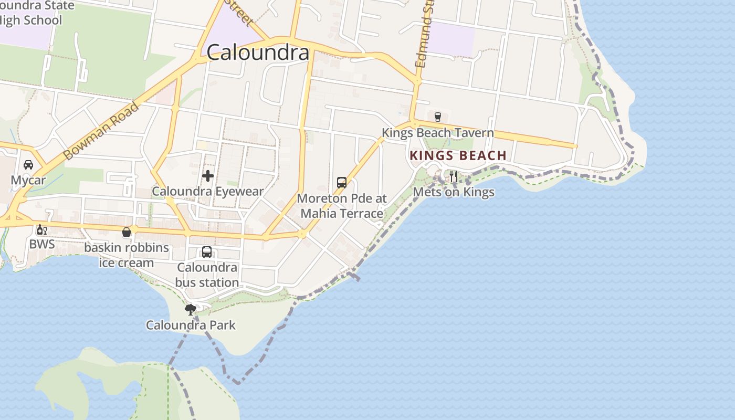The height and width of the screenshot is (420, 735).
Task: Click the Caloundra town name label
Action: click(x=258, y=52)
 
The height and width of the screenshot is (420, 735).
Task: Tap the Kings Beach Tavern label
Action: click(x=438, y=133)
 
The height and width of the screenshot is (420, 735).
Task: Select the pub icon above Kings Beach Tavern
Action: click(x=438, y=117)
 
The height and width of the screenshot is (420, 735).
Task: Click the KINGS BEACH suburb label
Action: click(x=458, y=155)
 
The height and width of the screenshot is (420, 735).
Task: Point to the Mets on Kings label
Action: click(x=454, y=192)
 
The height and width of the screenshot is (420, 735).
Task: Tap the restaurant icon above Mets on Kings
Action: click(x=454, y=176)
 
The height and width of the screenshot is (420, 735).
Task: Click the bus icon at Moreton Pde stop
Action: click(x=342, y=183)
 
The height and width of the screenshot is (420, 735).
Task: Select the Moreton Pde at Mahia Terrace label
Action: click(x=342, y=206)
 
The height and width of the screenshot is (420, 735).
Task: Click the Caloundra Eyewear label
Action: click(x=207, y=192)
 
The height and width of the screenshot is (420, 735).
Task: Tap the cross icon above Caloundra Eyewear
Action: click(x=208, y=176)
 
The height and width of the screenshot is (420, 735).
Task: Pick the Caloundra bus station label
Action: click(x=207, y=275)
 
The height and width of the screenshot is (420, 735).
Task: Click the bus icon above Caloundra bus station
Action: click(x=207, y=252)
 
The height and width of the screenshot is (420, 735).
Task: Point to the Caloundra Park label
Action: click(x=191, y=325)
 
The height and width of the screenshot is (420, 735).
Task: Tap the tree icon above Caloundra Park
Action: click(x=191, y=309)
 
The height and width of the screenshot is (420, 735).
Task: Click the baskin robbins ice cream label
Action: click(x=127, y=255)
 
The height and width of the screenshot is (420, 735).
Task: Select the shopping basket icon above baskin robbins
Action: click(x=127, y=232)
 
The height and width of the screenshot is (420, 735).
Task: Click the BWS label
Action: click(x=41, y=244)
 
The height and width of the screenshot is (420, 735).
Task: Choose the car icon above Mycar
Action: click(x=28, y=165)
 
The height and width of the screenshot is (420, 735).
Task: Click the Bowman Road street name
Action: click(x=101, y=131)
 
